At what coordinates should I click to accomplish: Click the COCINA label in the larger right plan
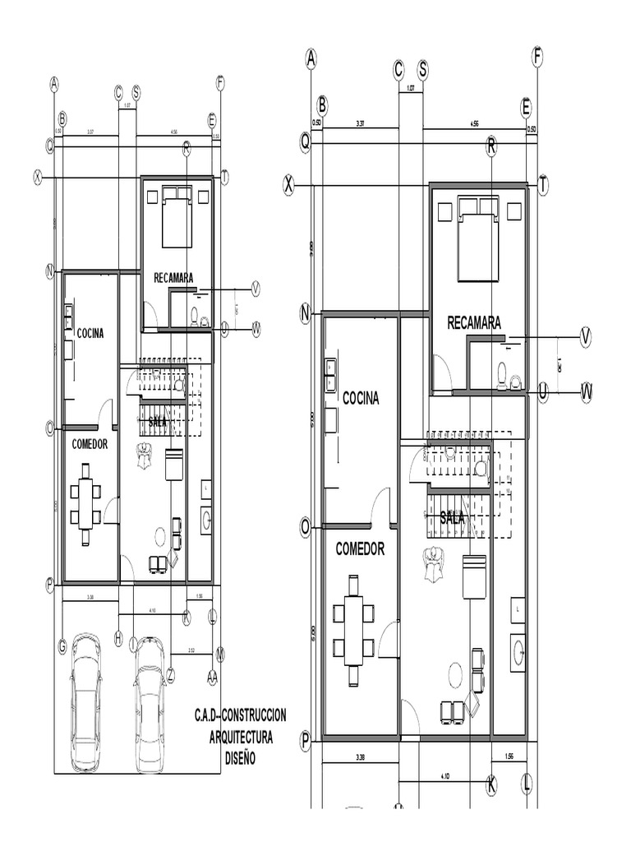(361, 398)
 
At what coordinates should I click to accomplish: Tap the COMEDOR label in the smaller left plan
(90, 443)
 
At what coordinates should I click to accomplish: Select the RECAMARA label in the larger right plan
(474, 323)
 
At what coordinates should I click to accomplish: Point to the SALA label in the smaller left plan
(158, 421)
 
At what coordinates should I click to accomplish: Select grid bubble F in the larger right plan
(537, 57)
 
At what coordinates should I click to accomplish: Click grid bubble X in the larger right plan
(288, 186)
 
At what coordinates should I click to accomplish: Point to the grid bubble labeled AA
(212, 676)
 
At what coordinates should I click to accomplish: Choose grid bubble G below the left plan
(62, 647)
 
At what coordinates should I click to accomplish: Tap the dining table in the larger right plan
(353, 629)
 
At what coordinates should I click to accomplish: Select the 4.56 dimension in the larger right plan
(474, 123)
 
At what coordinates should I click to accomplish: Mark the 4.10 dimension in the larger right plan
(444, 774)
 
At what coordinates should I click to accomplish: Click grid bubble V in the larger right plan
(586, 336)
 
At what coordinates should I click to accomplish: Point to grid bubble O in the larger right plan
(305, 526)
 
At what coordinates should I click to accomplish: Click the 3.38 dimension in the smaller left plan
(90, 596)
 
